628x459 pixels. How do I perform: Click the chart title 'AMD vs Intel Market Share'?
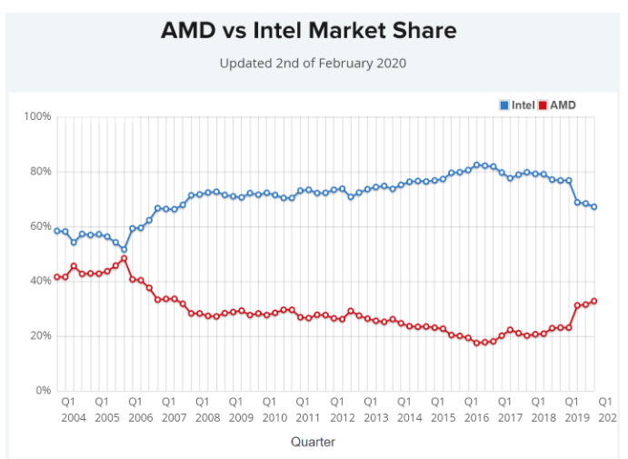tap(308, 31)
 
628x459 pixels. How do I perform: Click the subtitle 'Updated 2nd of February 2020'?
tap(313, 64)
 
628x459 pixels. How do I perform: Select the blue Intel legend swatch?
tap(504, 105)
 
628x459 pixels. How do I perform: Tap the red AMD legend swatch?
tap(543, 105)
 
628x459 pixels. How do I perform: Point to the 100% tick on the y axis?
tap(37, 117)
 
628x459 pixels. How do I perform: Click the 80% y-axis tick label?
tap(40, 172)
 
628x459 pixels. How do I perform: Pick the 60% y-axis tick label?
tap(40, 226)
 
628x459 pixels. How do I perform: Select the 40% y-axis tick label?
tap(40, 281)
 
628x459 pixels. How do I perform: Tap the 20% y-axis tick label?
tap(40, 336)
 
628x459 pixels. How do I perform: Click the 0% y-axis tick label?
tap(43, 391)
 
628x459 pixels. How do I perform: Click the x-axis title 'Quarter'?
tap(313, 442)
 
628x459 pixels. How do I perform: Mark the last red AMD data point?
tap(594, 301)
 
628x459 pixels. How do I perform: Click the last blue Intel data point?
tap(594, 206)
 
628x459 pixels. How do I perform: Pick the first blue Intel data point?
tap(57, 231)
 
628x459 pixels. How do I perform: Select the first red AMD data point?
tap(57, 277)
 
